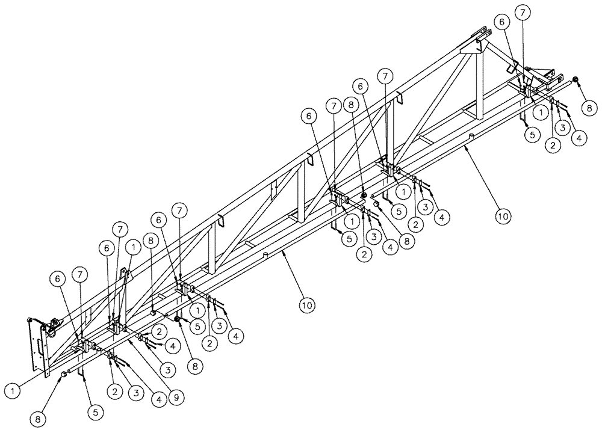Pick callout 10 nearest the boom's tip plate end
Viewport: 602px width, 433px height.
pos(307,305)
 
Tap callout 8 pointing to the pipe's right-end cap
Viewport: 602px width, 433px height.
pos(589,107)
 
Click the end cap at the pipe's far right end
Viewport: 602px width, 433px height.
pos(576,79)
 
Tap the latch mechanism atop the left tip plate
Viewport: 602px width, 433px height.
pos(53,325)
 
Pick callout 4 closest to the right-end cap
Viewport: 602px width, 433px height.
pos(579,138)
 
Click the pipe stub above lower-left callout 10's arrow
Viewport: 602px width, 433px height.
pos(264,256)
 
